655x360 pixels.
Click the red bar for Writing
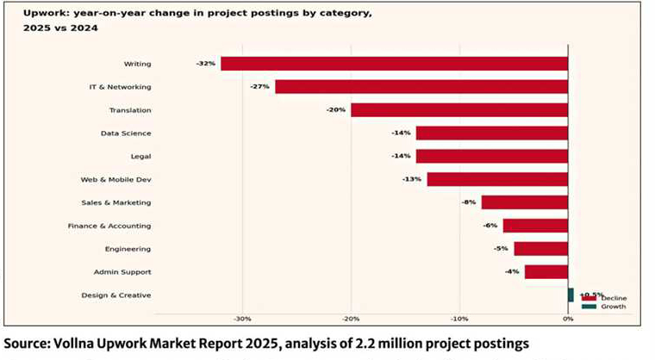point(394,64)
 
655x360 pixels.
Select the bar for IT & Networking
point(421,87)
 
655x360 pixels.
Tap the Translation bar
point(458,110)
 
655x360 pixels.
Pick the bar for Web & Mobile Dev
point(496,179)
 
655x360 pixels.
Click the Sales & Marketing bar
point(524,202)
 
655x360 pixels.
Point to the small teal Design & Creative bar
point(571,295)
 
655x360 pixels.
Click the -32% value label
point(204,64)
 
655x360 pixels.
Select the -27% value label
point(259,87)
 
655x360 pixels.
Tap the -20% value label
point(335,110)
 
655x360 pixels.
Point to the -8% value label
point(468,202)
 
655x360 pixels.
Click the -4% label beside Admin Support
point(512,272)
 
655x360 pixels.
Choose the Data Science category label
point(126,133)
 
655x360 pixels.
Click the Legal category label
point(139,156)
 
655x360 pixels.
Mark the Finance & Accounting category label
point(109,226)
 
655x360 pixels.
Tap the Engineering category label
point(127,249)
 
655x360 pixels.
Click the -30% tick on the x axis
point(242,320)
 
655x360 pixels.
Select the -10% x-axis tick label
point(459,320)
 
